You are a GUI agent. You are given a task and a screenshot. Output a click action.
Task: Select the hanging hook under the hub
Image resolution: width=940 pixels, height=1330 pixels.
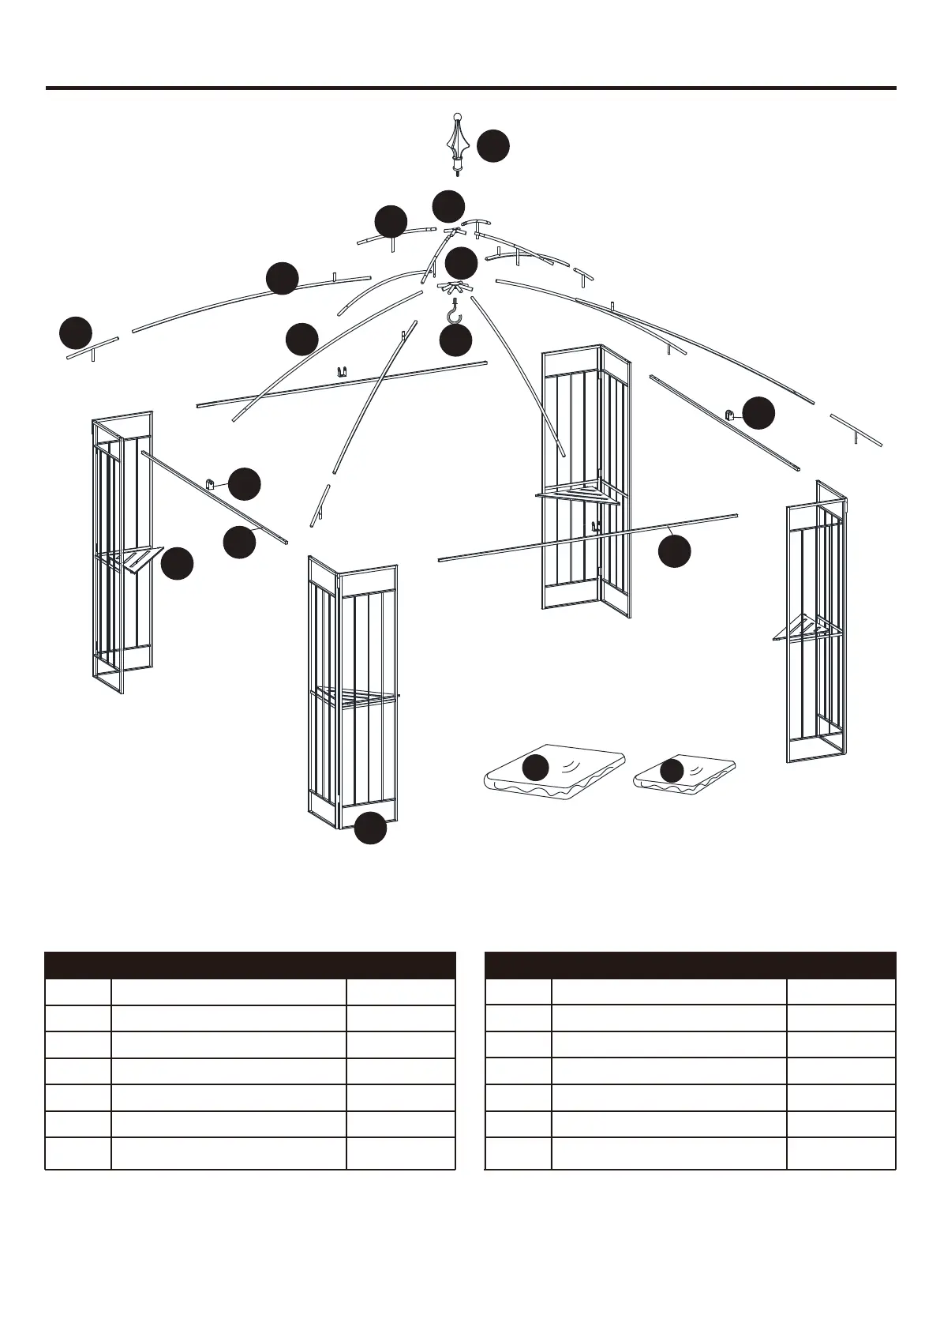454,313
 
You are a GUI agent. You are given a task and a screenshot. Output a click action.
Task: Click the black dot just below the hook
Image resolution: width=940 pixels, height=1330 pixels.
455,340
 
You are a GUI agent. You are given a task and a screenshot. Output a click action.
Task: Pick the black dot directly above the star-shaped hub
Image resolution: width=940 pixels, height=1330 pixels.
462,263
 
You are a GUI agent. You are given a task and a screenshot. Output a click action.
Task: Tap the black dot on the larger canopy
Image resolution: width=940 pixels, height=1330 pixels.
536,768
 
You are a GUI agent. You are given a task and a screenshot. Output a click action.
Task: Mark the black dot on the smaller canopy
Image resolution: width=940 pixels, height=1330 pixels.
672,771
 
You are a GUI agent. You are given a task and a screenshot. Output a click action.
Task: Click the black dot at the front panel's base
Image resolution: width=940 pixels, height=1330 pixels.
370,828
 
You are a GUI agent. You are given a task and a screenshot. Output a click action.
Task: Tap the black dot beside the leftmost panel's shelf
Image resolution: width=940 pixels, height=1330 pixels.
178,564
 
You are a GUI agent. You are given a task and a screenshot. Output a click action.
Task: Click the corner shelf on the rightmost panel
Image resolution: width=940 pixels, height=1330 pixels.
805,629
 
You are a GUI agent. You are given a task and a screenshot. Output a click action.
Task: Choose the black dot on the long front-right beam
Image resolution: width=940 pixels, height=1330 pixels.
675,551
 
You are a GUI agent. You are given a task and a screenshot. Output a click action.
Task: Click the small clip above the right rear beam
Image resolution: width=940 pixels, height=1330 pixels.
730,414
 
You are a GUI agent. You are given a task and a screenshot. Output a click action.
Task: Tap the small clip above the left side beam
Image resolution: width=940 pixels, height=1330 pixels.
212,484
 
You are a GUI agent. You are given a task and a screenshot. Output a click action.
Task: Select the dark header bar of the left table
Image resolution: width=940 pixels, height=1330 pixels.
250,965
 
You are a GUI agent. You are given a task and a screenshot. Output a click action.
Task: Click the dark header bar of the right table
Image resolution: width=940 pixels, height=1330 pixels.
690,965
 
